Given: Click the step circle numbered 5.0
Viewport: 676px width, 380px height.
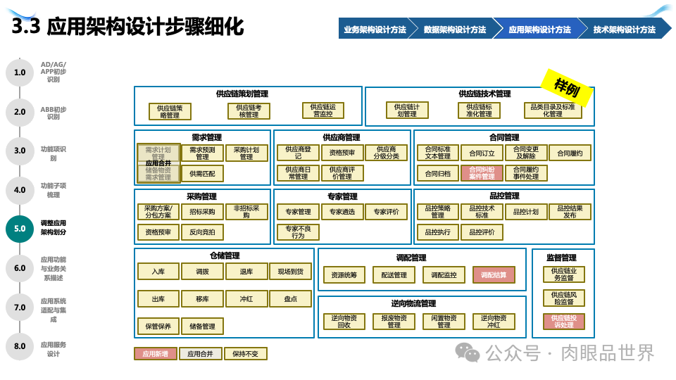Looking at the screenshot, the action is [20, 229].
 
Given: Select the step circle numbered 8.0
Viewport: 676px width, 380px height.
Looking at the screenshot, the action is [20, 346].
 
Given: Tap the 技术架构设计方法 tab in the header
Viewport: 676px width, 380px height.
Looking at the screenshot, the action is [624, 30].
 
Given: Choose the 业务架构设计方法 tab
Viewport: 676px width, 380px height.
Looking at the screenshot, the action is [375, 30].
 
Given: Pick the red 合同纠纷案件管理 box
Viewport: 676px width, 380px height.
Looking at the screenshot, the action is [482, 172].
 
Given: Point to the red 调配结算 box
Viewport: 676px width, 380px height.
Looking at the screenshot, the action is [494, 275].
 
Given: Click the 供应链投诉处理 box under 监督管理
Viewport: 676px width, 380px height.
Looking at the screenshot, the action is [563, 322].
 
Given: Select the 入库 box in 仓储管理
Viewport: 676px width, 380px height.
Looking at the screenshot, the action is [158, 272].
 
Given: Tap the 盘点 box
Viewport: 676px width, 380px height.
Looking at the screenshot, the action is [290, 299].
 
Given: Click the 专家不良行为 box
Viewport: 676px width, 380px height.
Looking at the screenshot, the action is [298, 232].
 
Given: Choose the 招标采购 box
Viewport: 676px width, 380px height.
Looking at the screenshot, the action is [202, 212].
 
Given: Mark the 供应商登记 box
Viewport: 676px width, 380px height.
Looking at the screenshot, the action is [298, 153].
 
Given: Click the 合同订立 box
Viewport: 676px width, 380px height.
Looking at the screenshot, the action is [482, 153].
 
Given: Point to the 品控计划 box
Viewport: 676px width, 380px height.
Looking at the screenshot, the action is [525, 212].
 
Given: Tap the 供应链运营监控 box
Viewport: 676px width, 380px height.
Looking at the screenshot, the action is [323, 110].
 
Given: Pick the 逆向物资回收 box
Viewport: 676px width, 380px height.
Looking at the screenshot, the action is [345, 322].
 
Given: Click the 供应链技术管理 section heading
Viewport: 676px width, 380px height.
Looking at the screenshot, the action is [484, 94].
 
